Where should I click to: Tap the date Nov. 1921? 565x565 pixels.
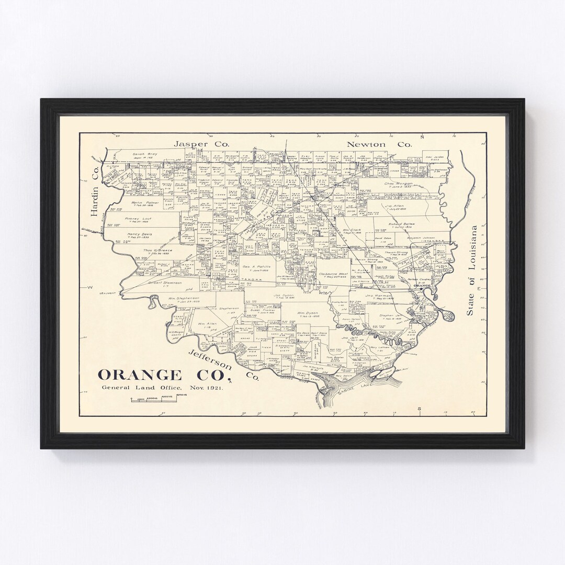[195, 388]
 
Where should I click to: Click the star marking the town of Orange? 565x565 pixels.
[421, 289]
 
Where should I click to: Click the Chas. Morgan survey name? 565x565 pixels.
[399, 184]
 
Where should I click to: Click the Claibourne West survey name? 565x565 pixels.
[333, 274]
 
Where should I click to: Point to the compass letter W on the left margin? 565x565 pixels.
[89, 287]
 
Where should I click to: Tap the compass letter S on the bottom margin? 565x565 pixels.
[419, 408]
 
